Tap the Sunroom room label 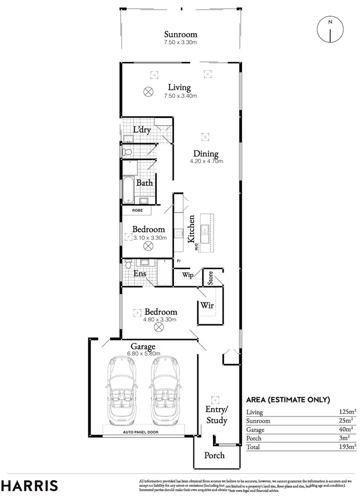[180, 35]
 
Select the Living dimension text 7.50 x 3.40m [179, 95]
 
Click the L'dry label [142, 130]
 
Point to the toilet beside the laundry [127, 152]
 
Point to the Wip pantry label [187, 275]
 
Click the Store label [210, 278]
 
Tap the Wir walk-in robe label [207, 305]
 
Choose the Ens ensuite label [140, 273]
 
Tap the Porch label [214, 455]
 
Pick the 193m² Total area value [347, 447]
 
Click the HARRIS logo [29, 485]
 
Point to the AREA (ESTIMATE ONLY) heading [288, 399]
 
